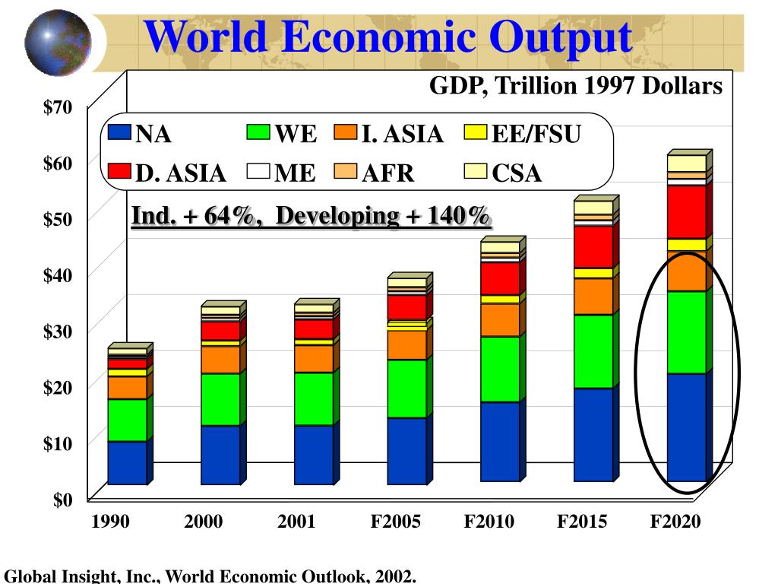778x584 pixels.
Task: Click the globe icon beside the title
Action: pos(58,37)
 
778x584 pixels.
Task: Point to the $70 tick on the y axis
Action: pos(59,106)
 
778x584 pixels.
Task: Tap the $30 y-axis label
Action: pos(59,331)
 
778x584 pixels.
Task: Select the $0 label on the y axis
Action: pos(62,500)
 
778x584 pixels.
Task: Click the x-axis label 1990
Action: pos(110,522)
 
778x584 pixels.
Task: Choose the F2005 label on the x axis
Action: pos(395,522)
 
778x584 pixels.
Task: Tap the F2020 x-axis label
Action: pos(675,522)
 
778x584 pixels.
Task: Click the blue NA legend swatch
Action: pos(119,133)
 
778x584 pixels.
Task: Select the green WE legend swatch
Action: pos(258,133)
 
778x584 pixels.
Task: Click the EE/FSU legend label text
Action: pos(536,135)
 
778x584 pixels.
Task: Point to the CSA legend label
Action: pos(517,173)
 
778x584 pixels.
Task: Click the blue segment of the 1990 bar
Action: pos(127,462)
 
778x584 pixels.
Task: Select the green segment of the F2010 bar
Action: pos(500,369)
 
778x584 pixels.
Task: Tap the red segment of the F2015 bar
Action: pos(593,246)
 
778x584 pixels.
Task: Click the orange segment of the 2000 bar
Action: pos(220,360)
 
